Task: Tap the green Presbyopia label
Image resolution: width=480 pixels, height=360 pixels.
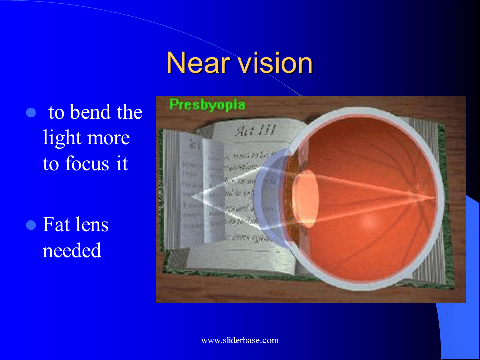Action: point(207,105)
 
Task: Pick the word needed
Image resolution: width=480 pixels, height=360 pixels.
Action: point(72,250)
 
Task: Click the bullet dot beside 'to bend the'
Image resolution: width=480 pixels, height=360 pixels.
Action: point(31,113)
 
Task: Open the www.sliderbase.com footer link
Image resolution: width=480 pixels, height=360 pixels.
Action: point(240,341)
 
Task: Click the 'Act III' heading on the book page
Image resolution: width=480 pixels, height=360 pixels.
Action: point(248,132)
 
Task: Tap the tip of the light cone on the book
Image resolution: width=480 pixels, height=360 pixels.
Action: point(192,196)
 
